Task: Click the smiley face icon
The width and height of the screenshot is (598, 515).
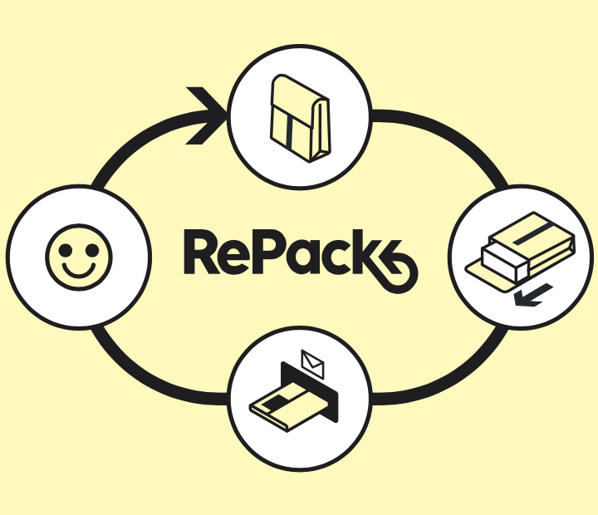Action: [79, 256]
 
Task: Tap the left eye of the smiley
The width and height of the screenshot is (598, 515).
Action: [67, 247]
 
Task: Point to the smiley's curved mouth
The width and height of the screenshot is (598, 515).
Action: [79, 270]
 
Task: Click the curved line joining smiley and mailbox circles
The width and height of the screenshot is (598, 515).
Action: [141, 365]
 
